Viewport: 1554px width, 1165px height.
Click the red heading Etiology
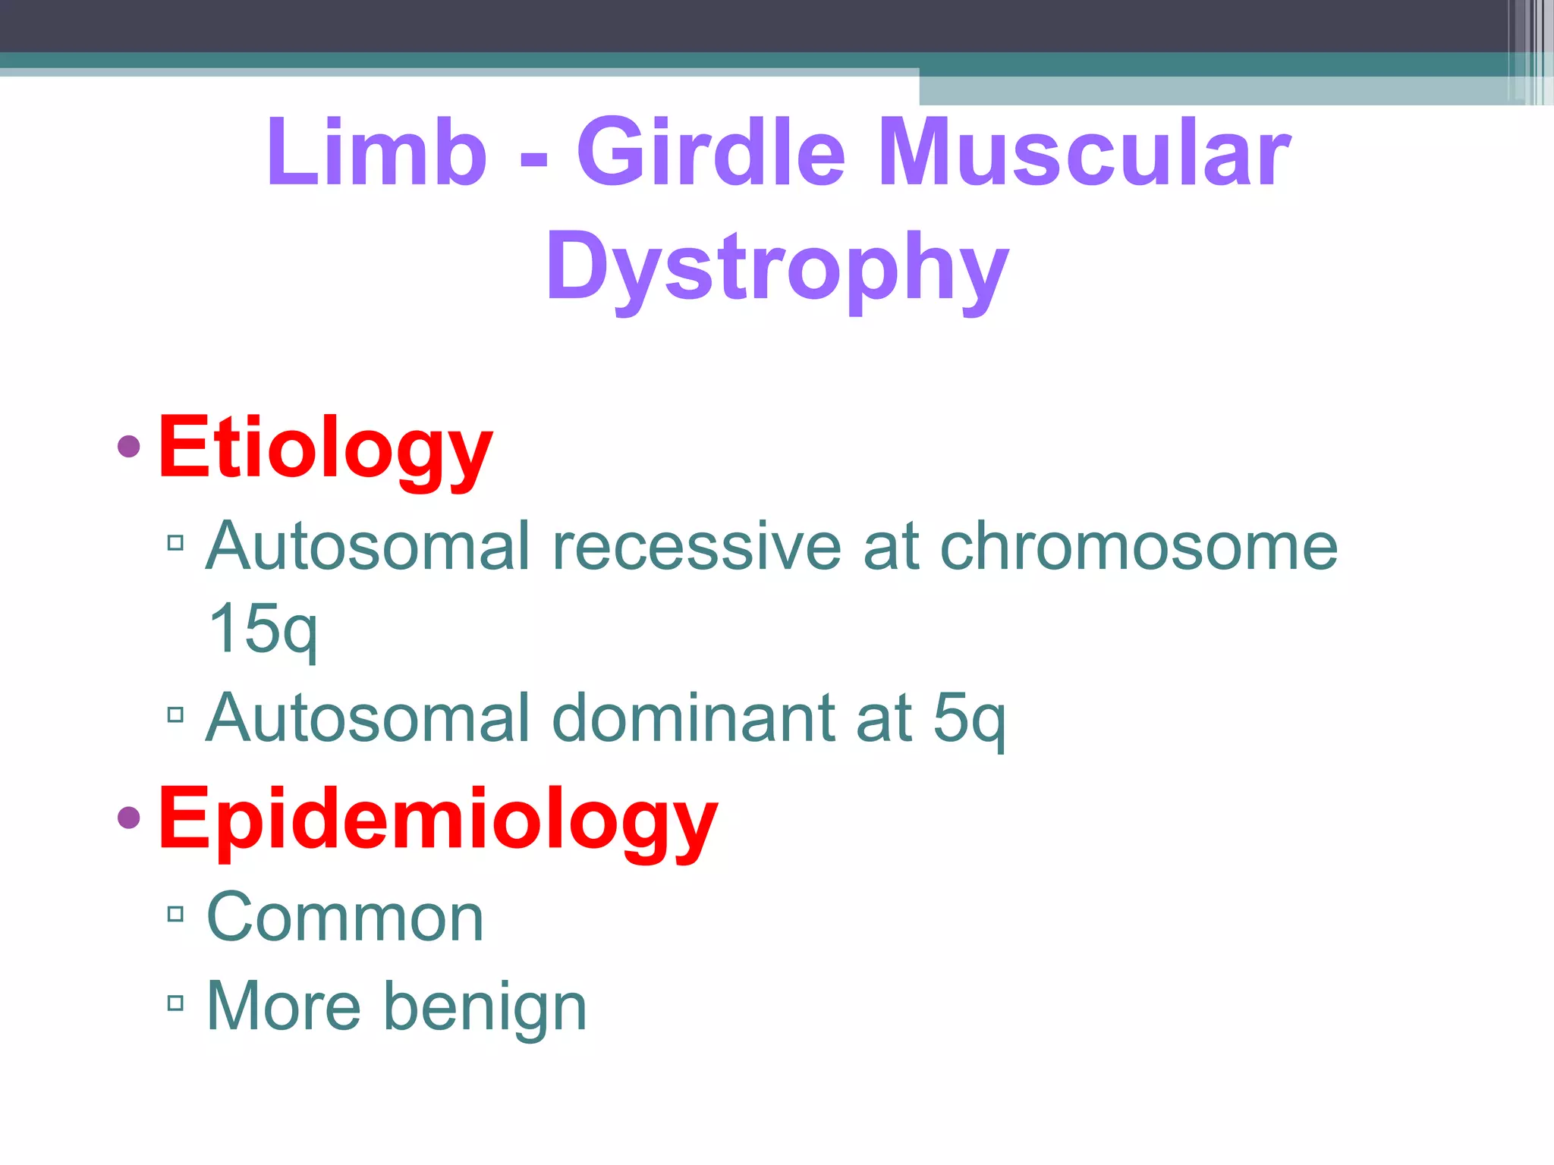click(x=326, y=449)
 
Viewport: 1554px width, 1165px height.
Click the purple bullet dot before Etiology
click(x=129, y=447)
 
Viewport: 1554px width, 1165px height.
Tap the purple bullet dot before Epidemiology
click(x=129, y=818)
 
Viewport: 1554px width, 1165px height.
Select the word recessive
click(x=697, y=546)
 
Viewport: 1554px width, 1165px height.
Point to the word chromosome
click(x=1138, y=546)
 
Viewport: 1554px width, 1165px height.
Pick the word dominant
click(x=694, y=718)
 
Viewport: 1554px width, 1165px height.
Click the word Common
click(x=345, y=918)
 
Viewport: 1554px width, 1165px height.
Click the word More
click(x=284, y=1006)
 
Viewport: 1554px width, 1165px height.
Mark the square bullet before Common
click(x=176, y=914)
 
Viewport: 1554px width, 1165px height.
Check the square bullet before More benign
click(x=176, y=1003)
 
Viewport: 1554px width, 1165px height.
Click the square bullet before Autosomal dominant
click(x=176, y=714)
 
